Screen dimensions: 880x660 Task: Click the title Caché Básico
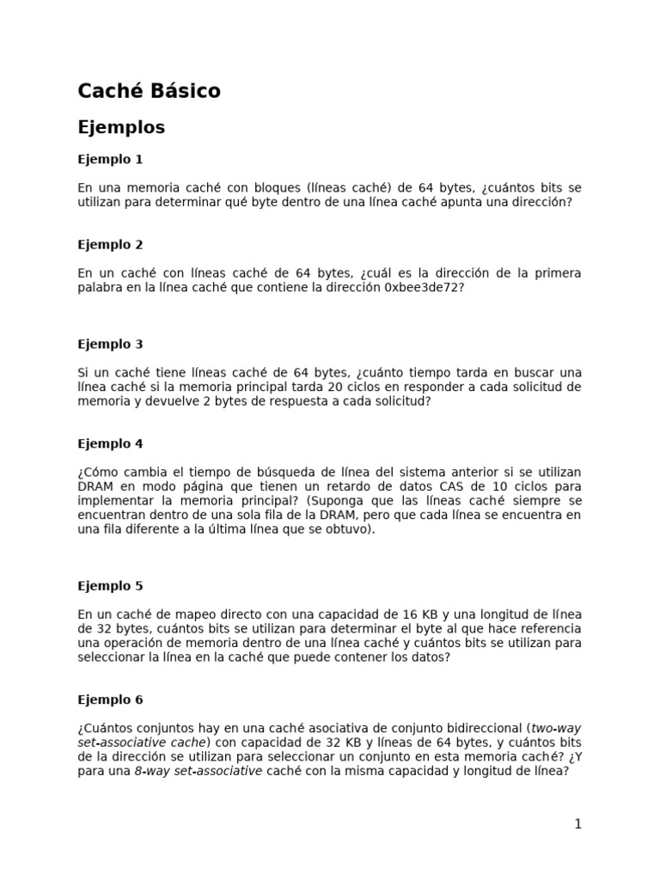pyautogui.click(x=149, y=90)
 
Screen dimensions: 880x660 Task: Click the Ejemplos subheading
pyautogui.click(x=121, y=127)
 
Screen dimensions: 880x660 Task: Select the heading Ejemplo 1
pyautogui.click(x=110, y=159)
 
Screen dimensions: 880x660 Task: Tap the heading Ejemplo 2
pyautogui.click(x=110, y=244)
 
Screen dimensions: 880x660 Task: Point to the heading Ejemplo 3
pyautogui.click(x=110, y=344)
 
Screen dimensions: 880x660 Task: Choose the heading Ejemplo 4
pyautogui.click(x=110, y=443)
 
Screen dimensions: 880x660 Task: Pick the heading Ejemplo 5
pyautogui.click(x=110, y=585)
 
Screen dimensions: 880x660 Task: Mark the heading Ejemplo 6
pyautogui.click(x=110, y=700)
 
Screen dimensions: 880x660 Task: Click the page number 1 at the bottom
pyautogui.click(x=578, y=823)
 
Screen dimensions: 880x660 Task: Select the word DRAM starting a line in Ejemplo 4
pyautogui.click(x=95, y=486)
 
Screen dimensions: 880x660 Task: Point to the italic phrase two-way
pyautogui.click(x=556, y=728)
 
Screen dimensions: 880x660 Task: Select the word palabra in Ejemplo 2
pyautogui.click(x=101, y=287)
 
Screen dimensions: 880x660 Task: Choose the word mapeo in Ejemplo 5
pyautogui.click(x=183, y=614)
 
